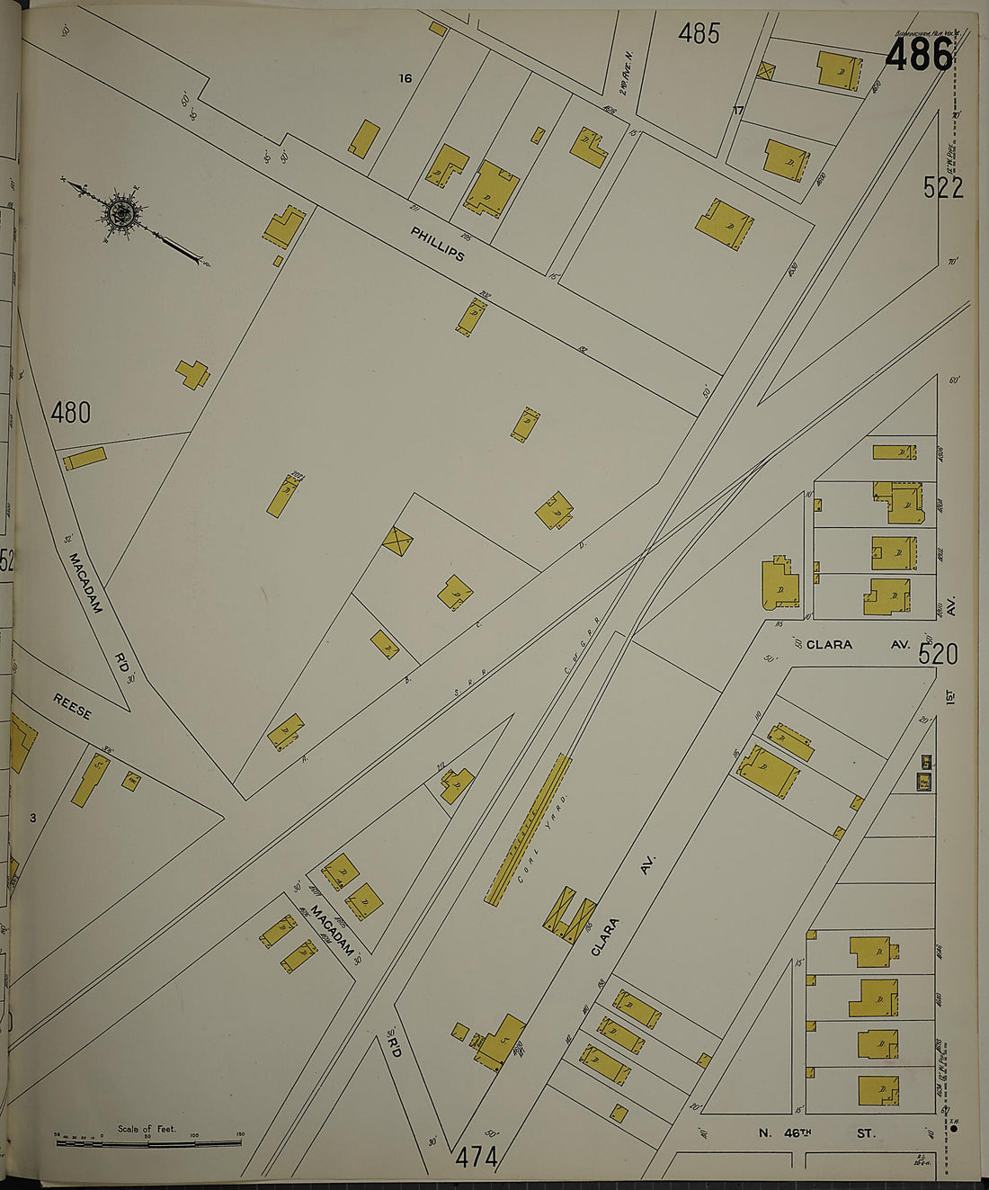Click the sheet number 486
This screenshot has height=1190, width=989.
(x=918, y=56)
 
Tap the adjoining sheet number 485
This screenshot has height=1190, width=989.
(x=699, y=33)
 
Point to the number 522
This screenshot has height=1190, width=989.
(x=942, y=187)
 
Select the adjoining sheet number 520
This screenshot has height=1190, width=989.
(x=937, y=654)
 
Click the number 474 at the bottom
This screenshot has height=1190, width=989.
(x=476, y=1157)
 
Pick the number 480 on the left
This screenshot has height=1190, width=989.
(x=70, y=412)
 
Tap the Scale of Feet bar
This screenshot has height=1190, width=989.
(x=148, y=1141)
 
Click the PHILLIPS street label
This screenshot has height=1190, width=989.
(x=438, y=244)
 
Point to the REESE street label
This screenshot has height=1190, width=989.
(x=72, y=707)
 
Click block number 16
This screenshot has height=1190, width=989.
(x=405, y=78)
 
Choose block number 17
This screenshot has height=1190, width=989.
(x=738, y=111)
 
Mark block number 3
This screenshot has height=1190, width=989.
(x=32, y=818)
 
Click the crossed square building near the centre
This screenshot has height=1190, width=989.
(x=396, y=541)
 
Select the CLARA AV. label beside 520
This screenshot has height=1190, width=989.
(x=858, y=645)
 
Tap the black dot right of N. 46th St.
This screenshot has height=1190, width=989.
(x=953, y=1128)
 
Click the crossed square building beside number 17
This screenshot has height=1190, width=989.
(x=766, y=70)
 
